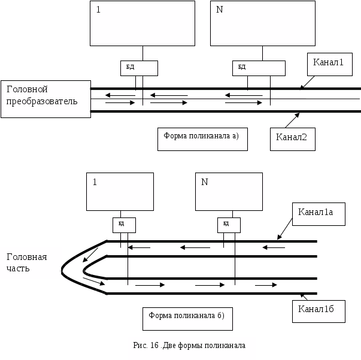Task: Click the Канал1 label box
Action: (x=326, y=64)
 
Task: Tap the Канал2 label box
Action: (x=292, y=138)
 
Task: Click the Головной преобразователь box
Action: (x=45, y=98)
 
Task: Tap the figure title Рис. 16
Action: (x=191, y=346)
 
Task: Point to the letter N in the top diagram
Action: (x=219, y=10)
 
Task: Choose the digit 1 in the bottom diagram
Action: (x=95, y=182)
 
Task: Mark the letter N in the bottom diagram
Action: (x=204, y=182)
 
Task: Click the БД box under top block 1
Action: (x=139, y=68)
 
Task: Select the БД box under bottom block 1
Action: (x=124, y=225)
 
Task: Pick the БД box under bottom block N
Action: (x=229, y=225)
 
